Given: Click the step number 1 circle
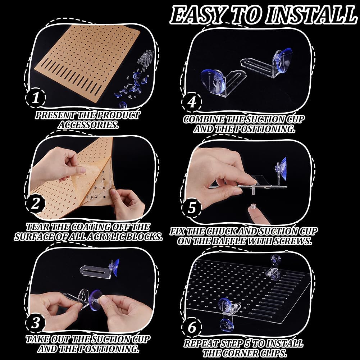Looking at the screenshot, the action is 36,98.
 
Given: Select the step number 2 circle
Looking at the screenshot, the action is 35,204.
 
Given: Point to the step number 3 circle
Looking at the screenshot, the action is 36,323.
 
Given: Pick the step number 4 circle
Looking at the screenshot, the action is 192,102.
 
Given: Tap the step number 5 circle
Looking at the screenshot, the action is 192,208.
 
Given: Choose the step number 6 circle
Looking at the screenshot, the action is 192,327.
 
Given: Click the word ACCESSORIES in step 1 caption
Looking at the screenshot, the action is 88,125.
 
